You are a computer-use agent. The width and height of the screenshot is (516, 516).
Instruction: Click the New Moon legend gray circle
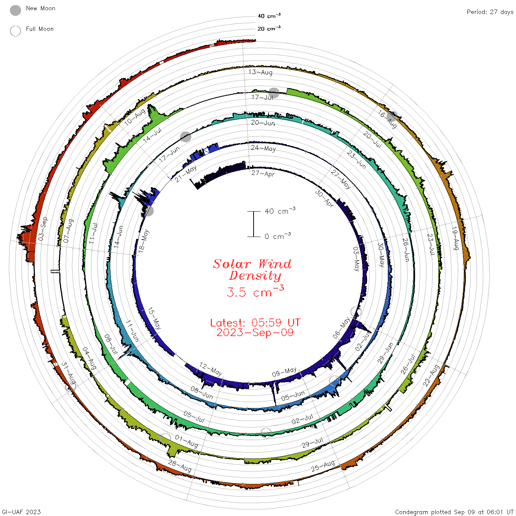point(15,10)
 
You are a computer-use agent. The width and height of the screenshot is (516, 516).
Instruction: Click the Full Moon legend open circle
point(15,31)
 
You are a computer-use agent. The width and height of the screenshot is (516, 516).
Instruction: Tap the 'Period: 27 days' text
point(490,12)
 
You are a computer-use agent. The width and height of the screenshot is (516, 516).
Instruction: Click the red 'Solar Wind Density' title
point(252,270)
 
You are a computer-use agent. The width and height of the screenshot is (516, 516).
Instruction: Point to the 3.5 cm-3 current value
point(255,291)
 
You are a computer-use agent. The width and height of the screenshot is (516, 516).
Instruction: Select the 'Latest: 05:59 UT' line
point(255,322)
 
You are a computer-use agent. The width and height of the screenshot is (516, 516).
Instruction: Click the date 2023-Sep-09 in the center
point(255,332)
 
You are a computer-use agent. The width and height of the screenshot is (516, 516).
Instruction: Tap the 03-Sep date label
point(43,229)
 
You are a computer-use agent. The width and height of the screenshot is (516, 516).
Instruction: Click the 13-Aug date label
point(260,72)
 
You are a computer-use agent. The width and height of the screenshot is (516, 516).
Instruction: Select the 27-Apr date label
point(263,173)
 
